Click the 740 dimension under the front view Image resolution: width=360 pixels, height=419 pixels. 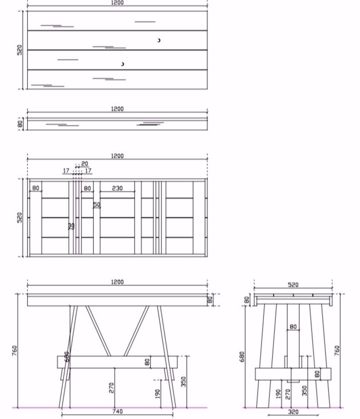tap(117, 411)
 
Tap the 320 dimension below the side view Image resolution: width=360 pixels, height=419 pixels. tap(293, 411)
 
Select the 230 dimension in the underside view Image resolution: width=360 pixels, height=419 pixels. tap(117, 188)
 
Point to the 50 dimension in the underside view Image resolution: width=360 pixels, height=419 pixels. tap(97, 205)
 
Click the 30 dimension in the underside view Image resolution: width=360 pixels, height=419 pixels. tap(71, 226)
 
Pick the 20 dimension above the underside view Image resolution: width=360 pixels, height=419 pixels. tap(85, 164)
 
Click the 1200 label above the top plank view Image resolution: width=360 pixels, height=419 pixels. tap(117, 3)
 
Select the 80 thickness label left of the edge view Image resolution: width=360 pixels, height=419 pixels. tap(20, 124)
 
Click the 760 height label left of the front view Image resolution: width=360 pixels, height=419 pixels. tap(14, 351)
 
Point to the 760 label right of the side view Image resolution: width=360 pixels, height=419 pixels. tap(337, 351)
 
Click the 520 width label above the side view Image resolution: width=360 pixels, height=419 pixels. tap(293, 285)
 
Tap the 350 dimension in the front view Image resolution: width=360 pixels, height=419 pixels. tap(183, 381)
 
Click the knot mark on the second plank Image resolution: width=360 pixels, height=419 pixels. tap(159, 40)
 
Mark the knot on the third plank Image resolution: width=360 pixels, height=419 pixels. tap(122, 64)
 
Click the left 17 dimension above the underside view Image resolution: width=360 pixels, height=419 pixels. tap(66, 171)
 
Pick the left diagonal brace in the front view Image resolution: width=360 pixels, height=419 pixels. tap(99, 331)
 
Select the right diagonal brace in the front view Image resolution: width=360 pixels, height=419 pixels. tap(136, 331)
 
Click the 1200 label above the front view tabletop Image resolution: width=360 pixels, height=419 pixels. tap(117, 282)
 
